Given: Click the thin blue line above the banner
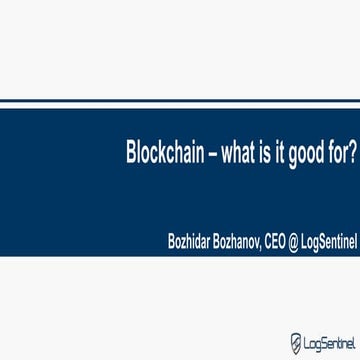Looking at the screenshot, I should tap(180, 101).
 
